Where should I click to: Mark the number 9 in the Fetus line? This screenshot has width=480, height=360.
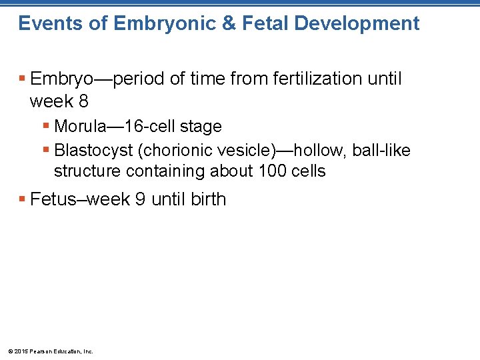click(x=140, y=199)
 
